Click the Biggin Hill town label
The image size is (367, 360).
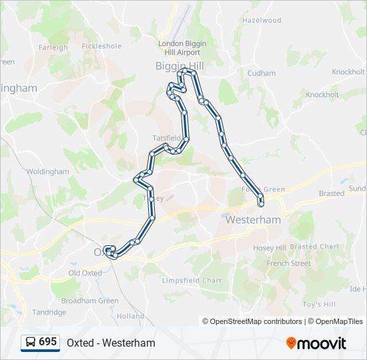coord(179,66)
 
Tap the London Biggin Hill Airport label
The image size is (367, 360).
coord(182,48)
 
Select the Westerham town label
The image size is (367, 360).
coord(253,219)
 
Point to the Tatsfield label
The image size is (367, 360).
coord(166,138)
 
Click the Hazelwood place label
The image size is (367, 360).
coord(262,21)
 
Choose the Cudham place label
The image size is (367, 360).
coord(261,73)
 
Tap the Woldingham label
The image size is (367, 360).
coord(48,171)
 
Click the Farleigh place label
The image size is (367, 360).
coord(53,47)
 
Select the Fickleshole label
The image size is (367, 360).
coord(101,47)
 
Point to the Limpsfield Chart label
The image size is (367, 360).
coord(192,281)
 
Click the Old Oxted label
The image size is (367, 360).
coord(85,273)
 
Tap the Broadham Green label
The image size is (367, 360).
coord(89,301)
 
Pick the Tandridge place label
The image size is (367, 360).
coord(49,312)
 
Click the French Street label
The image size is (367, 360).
coord(288,263)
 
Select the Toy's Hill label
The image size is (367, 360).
coord(319,305)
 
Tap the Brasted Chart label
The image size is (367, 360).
coord(314,247)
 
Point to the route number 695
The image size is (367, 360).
coord(48,342)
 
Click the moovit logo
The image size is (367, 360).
coord(316,343)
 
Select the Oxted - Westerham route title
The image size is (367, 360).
coord(111,343)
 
